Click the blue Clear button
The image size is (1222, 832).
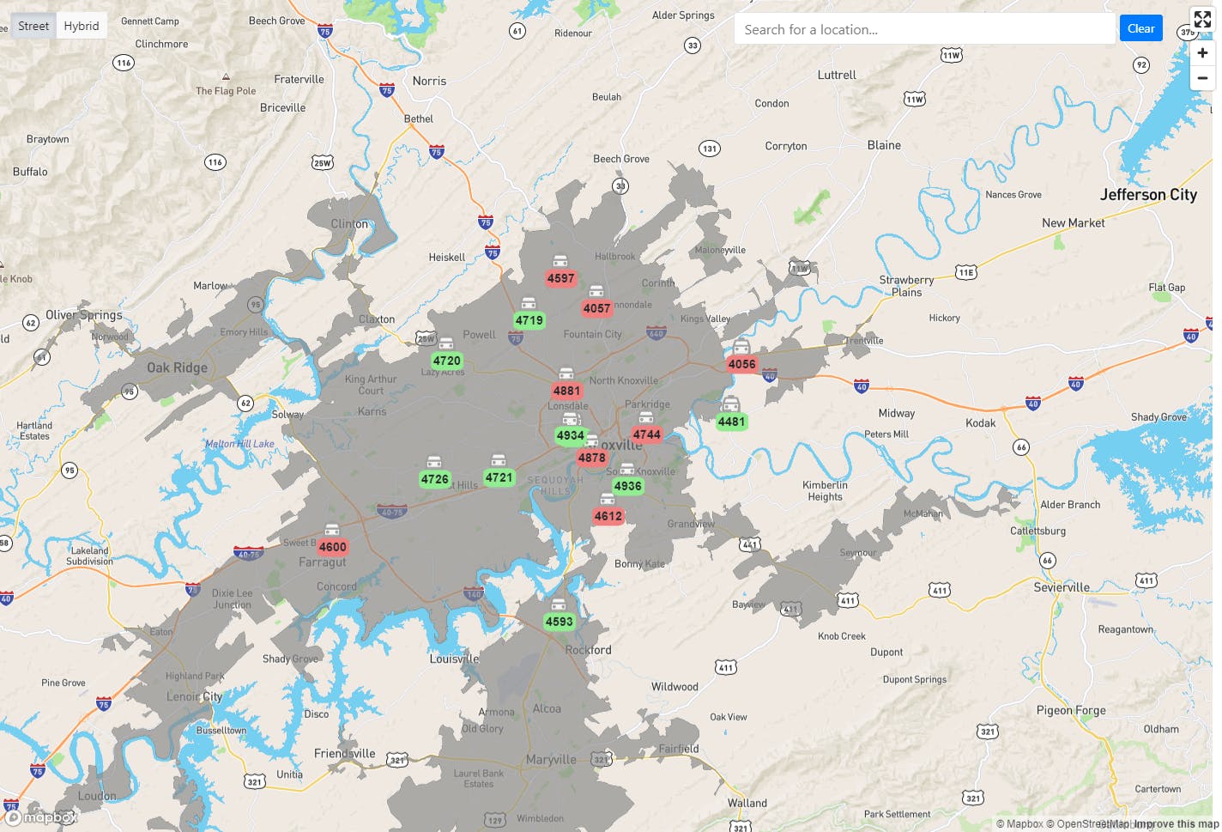tap(1140, 28)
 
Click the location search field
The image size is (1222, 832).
tap(923, 29)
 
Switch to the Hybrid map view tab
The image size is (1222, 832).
tap(82, 26)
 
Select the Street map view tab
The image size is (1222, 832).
tap(33, 26)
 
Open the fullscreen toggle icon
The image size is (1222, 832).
tap(1202, 20)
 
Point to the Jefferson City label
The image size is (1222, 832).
tap(1148, 195)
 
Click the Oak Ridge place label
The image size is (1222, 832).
tap(177, 367)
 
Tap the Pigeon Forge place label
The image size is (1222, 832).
tap(1071, 710)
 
